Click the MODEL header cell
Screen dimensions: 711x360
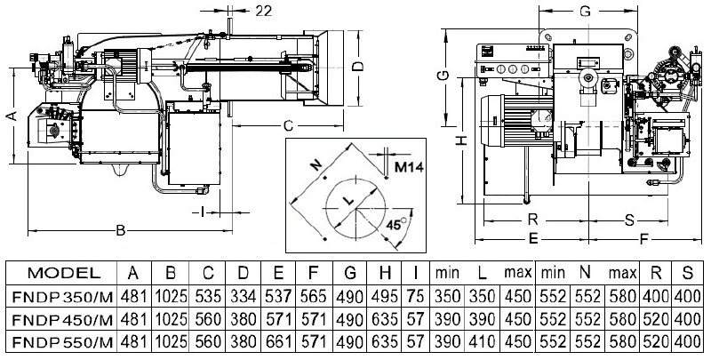coord(64,273)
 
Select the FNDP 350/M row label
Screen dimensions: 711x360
coord(62,297)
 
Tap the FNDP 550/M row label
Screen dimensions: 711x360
coord(62,342)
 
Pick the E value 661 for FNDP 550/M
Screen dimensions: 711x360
coord(278,341)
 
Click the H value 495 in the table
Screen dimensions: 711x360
coord(384,296)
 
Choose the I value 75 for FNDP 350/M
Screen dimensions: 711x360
coord(415,296)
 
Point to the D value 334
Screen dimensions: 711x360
coord(243,296)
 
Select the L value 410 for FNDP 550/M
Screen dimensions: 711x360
coord(482,341)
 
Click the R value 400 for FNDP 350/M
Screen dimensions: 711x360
coord(655,296)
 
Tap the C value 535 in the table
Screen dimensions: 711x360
coord(208,296)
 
